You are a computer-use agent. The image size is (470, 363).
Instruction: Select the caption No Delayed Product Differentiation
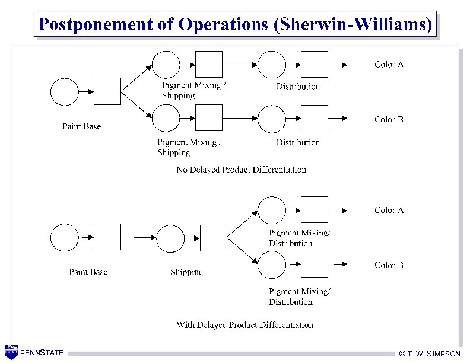tap(242, 170)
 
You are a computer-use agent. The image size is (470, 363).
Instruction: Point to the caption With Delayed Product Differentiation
tap(245, 324)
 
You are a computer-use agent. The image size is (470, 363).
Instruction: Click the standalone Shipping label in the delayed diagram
tap(186, 272)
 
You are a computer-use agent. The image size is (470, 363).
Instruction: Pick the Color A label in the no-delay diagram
tap(389, 64)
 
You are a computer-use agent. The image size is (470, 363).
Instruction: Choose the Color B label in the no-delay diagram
tap(389, 119)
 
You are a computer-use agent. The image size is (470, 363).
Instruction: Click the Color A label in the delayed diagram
tap(389, 210)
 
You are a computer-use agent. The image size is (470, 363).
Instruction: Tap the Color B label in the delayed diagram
tap(389, 265)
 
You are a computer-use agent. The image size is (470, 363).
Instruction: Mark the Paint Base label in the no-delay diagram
tap(82, 126)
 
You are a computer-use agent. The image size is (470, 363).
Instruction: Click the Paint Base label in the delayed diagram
tap(88, 272)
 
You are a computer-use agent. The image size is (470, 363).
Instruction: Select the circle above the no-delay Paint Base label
tap(64, 92)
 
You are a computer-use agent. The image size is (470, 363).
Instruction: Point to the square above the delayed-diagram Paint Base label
tap(107, 237)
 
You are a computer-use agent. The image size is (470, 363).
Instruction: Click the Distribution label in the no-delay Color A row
tap(298, 86)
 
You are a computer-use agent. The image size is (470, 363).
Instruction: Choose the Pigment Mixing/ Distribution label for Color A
tap(299, 238)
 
